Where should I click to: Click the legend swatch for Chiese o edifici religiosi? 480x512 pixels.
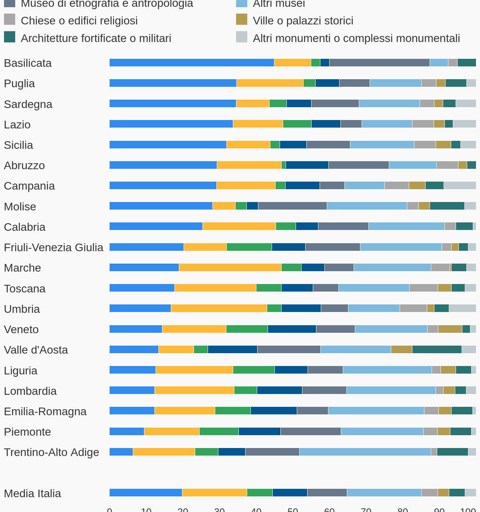(x=10, y=20)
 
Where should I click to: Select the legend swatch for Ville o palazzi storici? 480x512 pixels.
(x=242, y=20)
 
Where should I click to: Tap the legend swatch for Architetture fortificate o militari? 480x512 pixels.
(x=10, y=37)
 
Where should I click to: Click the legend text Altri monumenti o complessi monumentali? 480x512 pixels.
(x=356, y=38)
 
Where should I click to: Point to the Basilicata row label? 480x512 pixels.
(x=28, y=63)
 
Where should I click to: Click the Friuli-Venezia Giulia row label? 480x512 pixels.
(x=54, y=248)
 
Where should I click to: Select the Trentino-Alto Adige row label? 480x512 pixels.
(x=51, y=452)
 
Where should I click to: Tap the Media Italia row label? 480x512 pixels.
(x=32, y=494)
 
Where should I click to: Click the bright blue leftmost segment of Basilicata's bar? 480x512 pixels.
(x=192, y=63)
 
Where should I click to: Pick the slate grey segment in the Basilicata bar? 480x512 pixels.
(x=379, y=63)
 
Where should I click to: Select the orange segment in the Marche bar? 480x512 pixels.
(x=230, y=268)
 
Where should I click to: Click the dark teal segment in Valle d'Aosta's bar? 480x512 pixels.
(x=437, y=350)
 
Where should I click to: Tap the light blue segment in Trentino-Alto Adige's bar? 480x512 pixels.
(x=365, y=452)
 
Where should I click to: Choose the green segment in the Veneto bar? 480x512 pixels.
(x=247, y=329)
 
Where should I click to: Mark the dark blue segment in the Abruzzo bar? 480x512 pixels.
(x=307, y=165)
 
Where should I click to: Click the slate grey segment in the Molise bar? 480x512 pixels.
(x=292, y=206)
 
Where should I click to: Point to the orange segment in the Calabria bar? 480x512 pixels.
(x=239, y=226)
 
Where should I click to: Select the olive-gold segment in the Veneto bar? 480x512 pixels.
(x=450, y=329)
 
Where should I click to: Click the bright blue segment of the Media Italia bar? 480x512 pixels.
(x=146, y=493)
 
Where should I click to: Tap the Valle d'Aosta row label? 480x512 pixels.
(x=36, y=350)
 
